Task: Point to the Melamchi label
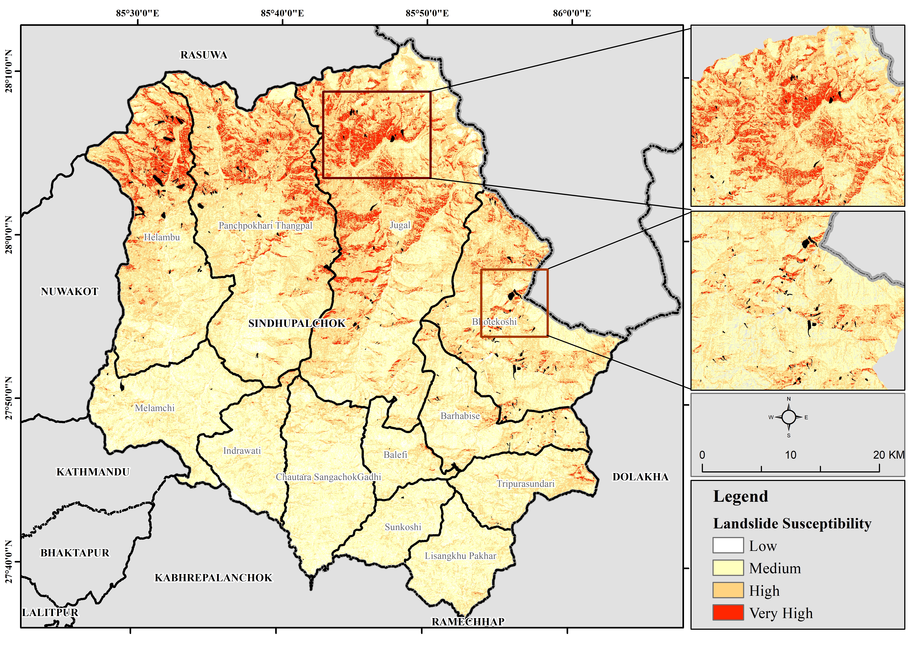(x=155, y=408)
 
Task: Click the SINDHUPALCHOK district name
(x=297, y=324)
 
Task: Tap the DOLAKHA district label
(x=640, y=477)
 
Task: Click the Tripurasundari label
(x=525, y=484)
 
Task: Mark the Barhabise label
(x=460, y=416)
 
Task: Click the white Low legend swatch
(x=728, y=546)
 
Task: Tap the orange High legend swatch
(x=728, y=591)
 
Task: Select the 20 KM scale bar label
(x=888, y=455)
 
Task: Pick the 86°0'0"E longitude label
(x=572, y=13)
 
